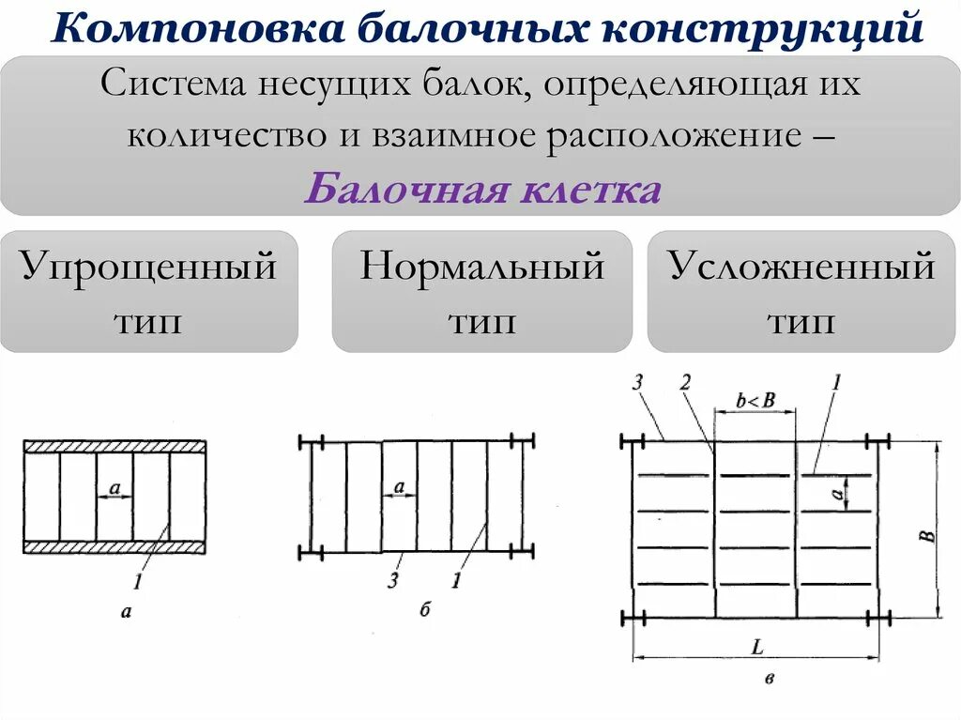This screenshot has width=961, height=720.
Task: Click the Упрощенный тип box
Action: tap(149, 292)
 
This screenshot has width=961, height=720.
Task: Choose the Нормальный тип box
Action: tap(481, 292)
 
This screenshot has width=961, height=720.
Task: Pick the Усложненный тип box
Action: tap(802, 292)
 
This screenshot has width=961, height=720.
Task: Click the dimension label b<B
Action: tap(755, 400)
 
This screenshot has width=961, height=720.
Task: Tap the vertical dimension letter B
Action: tap(926, 536)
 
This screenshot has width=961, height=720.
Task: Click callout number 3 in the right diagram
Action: tap(637, 382)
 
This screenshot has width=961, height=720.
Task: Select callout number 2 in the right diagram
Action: tap(685, 382)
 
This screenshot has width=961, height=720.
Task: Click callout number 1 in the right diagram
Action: tap(835, 382)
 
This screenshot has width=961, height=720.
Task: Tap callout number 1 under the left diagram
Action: tap(137, 582)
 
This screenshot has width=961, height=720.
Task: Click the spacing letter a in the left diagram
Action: tap(114, 487)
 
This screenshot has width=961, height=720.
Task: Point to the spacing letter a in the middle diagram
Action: tap(399, 486)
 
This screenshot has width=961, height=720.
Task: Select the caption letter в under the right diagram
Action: tap(770, 678)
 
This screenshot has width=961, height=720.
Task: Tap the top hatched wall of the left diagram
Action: tap(114, 446)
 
